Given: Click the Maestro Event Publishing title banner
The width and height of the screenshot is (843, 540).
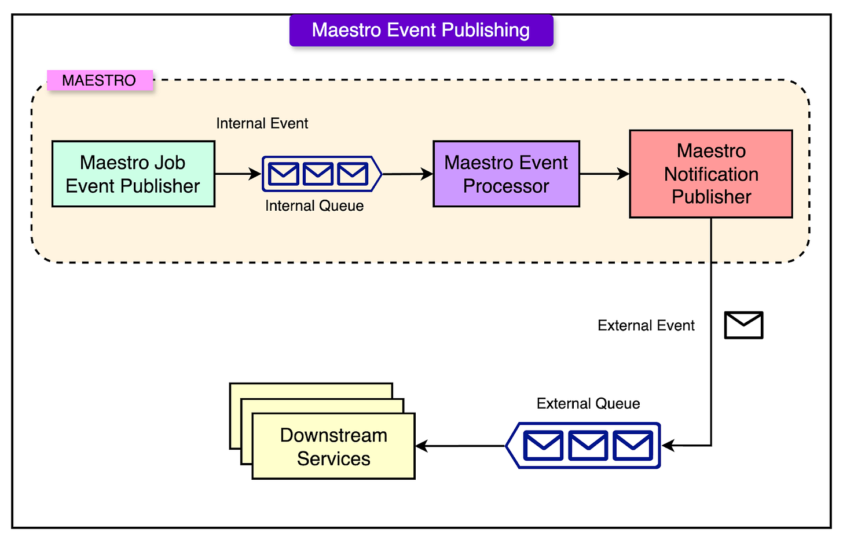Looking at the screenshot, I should pos(421,31).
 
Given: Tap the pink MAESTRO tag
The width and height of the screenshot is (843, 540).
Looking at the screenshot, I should pos(99,80).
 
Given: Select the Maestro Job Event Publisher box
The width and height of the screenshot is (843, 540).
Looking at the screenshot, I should pos(133,174).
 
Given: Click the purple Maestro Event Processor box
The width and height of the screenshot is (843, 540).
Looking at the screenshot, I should pos(506,174).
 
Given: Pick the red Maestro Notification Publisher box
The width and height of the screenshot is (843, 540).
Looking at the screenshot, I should pos(710,174).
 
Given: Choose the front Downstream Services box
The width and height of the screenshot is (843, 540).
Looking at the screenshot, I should pos(333,446).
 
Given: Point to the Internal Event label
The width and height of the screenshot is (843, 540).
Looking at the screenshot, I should pos(262,123).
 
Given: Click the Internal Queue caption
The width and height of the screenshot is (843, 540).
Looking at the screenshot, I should pos(314,205).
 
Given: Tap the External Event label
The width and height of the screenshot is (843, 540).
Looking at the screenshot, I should pos(646,325).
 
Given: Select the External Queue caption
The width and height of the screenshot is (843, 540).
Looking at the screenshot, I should pos(588,403).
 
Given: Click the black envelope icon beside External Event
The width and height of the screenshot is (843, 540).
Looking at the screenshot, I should pos(743,325).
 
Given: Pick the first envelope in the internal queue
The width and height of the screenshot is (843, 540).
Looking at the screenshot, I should pos(284,174).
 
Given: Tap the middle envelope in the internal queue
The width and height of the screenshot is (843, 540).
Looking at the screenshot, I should pos(318,174).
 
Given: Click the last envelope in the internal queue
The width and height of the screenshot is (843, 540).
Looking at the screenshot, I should pos(353,174).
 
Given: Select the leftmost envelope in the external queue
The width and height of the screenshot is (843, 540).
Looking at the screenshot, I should pos(543,446).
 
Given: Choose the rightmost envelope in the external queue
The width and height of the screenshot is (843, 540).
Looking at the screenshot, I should pos(633,446).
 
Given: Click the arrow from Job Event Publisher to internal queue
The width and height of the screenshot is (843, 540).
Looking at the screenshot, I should pos(237,174).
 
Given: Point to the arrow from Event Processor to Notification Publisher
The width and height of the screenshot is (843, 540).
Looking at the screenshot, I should pos(604,174).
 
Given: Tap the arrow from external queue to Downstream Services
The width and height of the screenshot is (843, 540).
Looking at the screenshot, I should pos(460,446).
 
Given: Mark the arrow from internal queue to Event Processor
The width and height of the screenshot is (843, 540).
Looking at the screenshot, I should pos(408,174).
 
